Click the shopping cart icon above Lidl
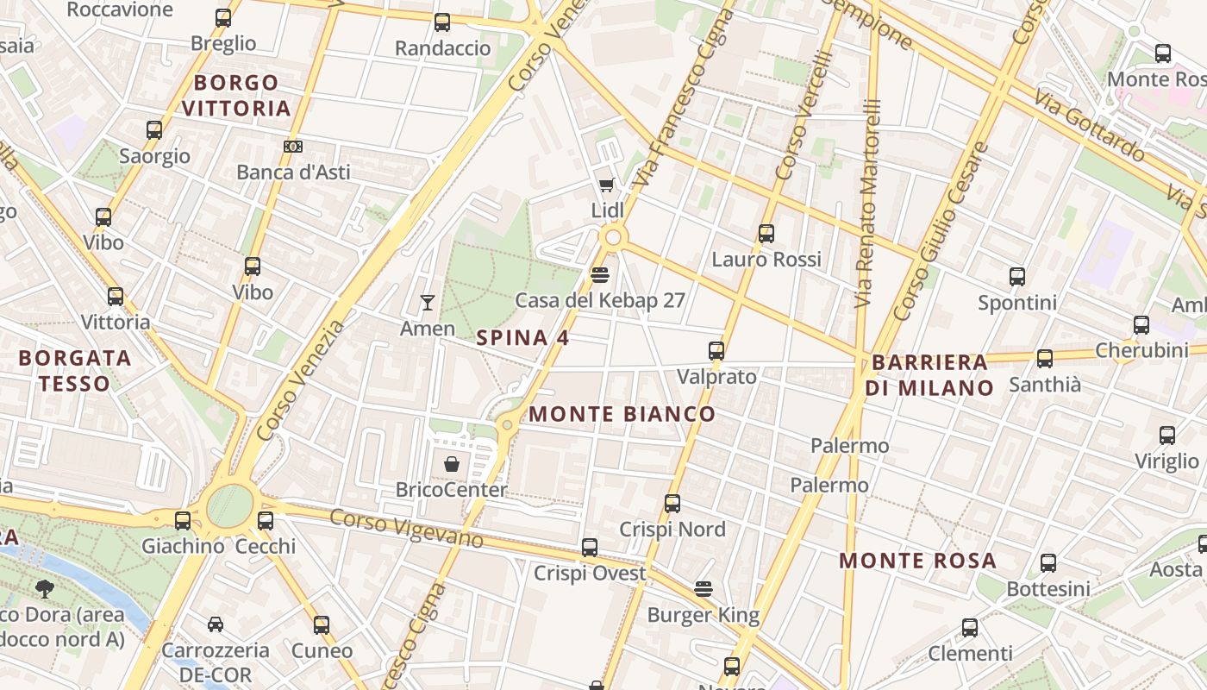coord(606,185)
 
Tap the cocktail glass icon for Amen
coord(427,302)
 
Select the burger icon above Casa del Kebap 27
coord(600,274)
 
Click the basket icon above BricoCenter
coord(451,464)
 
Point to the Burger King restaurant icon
coord(704,589)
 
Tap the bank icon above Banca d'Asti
coord(293,147)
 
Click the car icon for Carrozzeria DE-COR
coord(216,624)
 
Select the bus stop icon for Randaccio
coord(442,22)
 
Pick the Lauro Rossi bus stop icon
coord(766,233)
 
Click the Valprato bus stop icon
coord(716,351)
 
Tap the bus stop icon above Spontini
coord(1017,277)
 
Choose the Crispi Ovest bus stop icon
coord(590,548)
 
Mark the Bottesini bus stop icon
coord(1048,563)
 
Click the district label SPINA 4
coord(522,338)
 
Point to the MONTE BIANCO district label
coord(622,414)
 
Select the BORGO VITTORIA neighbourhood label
coord(236,96)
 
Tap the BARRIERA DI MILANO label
coord(929,375)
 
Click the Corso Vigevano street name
coord(406,529)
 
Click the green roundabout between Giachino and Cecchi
coord(229,506)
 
